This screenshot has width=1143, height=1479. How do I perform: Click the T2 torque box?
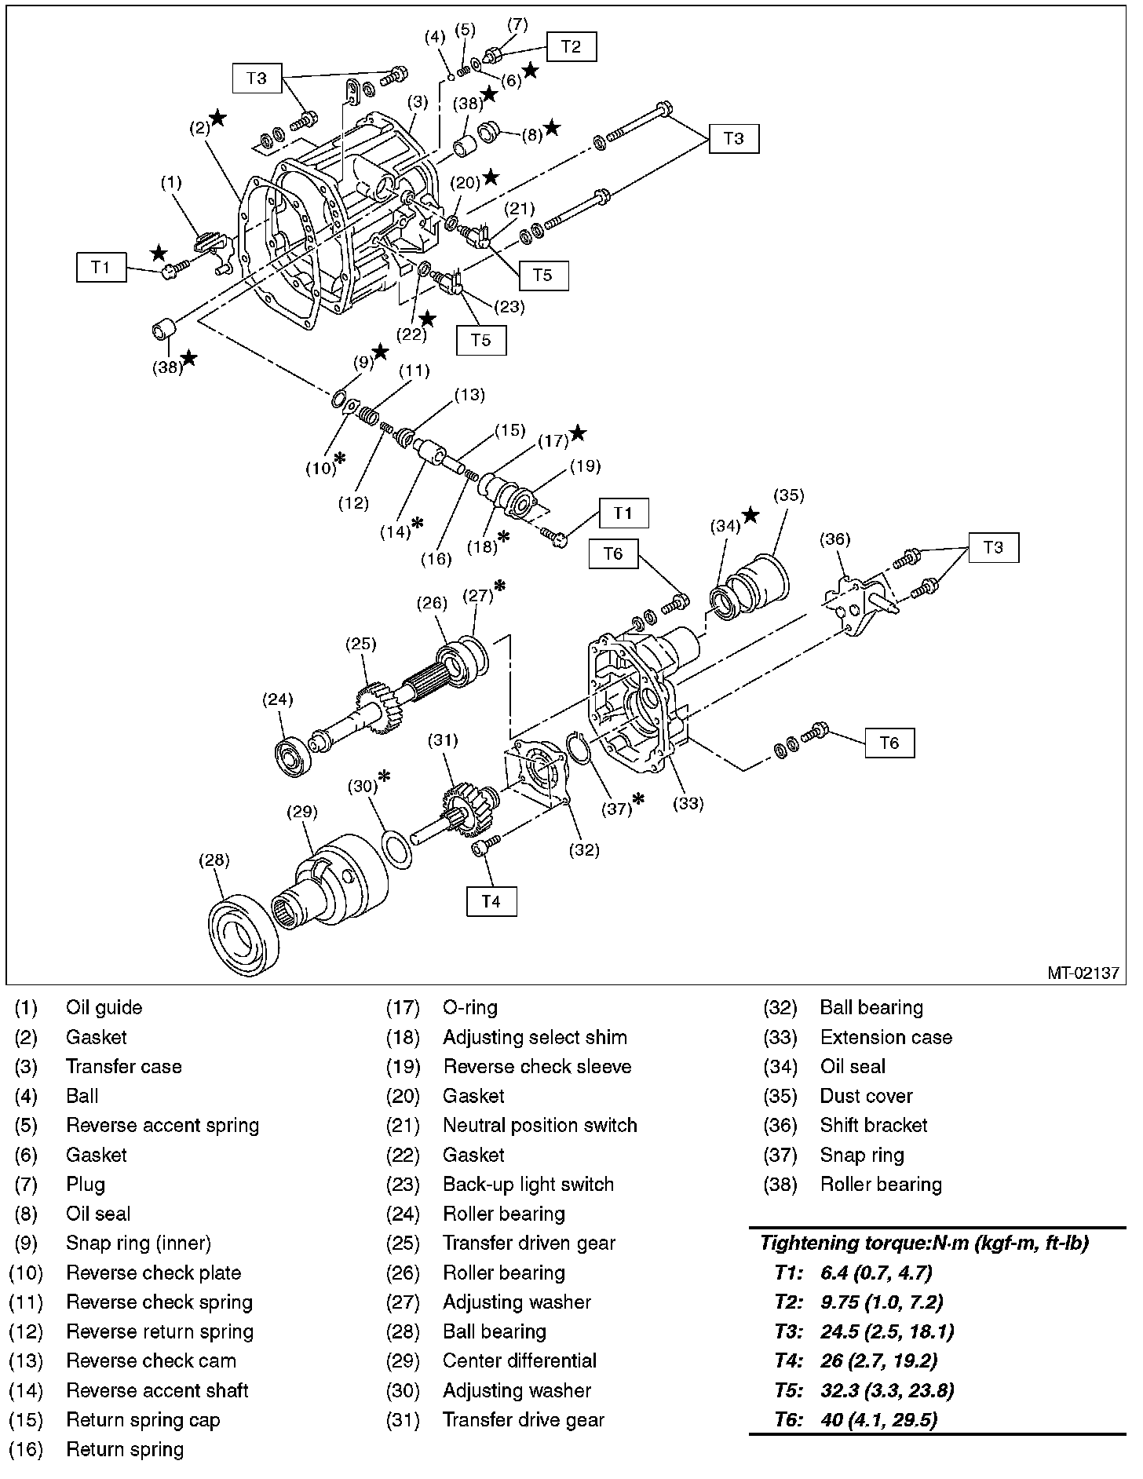(571, 47)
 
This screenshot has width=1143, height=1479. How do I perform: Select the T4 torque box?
(491, 901)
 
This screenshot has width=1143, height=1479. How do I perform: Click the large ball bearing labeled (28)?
(243, 936)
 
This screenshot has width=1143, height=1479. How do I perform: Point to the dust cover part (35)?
(760, 582)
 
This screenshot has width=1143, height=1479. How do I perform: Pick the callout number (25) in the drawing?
(361, 645)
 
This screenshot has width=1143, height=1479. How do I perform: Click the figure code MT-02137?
(1083, 973)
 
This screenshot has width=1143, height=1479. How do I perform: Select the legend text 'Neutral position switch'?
(539, 1126)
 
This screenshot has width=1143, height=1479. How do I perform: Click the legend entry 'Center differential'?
(519, 1361)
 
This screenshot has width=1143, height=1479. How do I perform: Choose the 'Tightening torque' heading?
(924, 1243)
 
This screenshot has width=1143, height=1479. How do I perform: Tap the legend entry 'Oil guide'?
(104, 1008)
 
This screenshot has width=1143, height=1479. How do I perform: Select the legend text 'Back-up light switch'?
(528, 1185)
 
